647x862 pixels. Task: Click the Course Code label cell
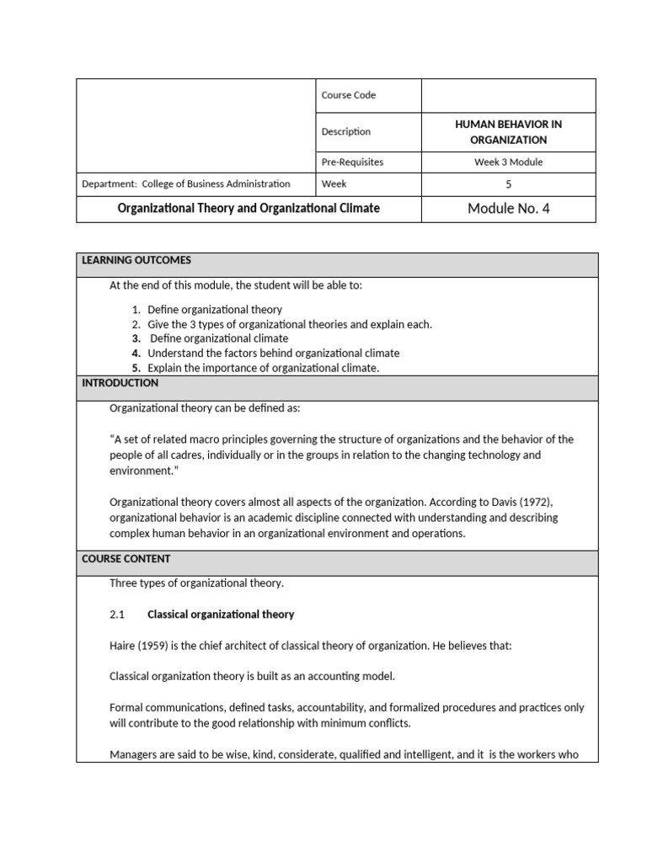pyautogui.click(x=348, y=95)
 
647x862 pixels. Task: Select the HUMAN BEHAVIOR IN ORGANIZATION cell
pyautogui.click(x=508, y=131)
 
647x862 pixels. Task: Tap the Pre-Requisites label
pyautogui.click(x=358, y=162)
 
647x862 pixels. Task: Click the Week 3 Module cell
pyautogui.click(x=508, y=162)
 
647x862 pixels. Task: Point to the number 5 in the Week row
pyautogui.click(x=508, y=184)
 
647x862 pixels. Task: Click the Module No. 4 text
pyautogui.click(x=508, y=209)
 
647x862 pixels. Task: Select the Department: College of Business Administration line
pyautogui.click(x=186, y=184)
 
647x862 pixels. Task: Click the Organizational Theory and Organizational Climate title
pyautogui.click(x=249, y=208)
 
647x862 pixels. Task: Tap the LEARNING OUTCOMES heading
pyautogui.click(x=136, y=260)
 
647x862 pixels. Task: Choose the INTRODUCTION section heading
pyautogui.click(x=120, y=383)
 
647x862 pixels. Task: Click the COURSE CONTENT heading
pyautogui.click(x=126, y=559)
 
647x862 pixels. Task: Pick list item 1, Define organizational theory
pyautogui.click(x=215, y=310)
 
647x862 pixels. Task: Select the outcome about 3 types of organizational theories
pyautogui.click(x=289, y=324)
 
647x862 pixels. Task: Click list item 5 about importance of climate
pyautogui.click(x=263, y=368)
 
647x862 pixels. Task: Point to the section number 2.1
pyautogui.click(x=117, y=615)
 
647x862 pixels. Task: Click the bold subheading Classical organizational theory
pyautogui.click(x=221, y=615)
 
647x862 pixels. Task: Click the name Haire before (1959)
pyautogui.click(x=123, y=646)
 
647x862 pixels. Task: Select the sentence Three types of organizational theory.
pyautogui.click(x=197, y=583)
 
